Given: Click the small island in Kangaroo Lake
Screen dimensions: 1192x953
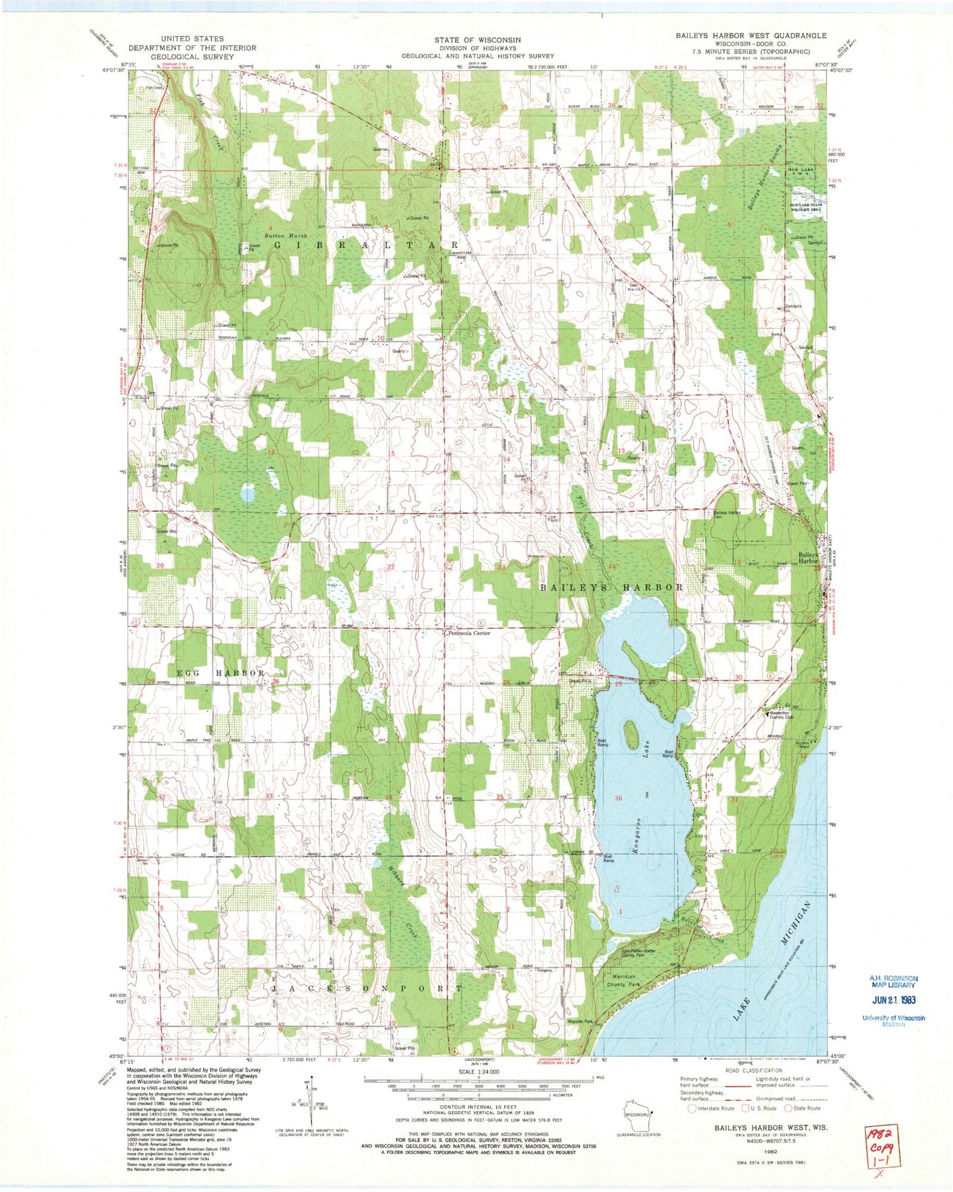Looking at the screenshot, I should point(630,730).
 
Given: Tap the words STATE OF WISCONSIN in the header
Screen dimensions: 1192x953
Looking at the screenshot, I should point(477,40).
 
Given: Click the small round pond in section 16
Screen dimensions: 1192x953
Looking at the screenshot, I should point(248,493).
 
